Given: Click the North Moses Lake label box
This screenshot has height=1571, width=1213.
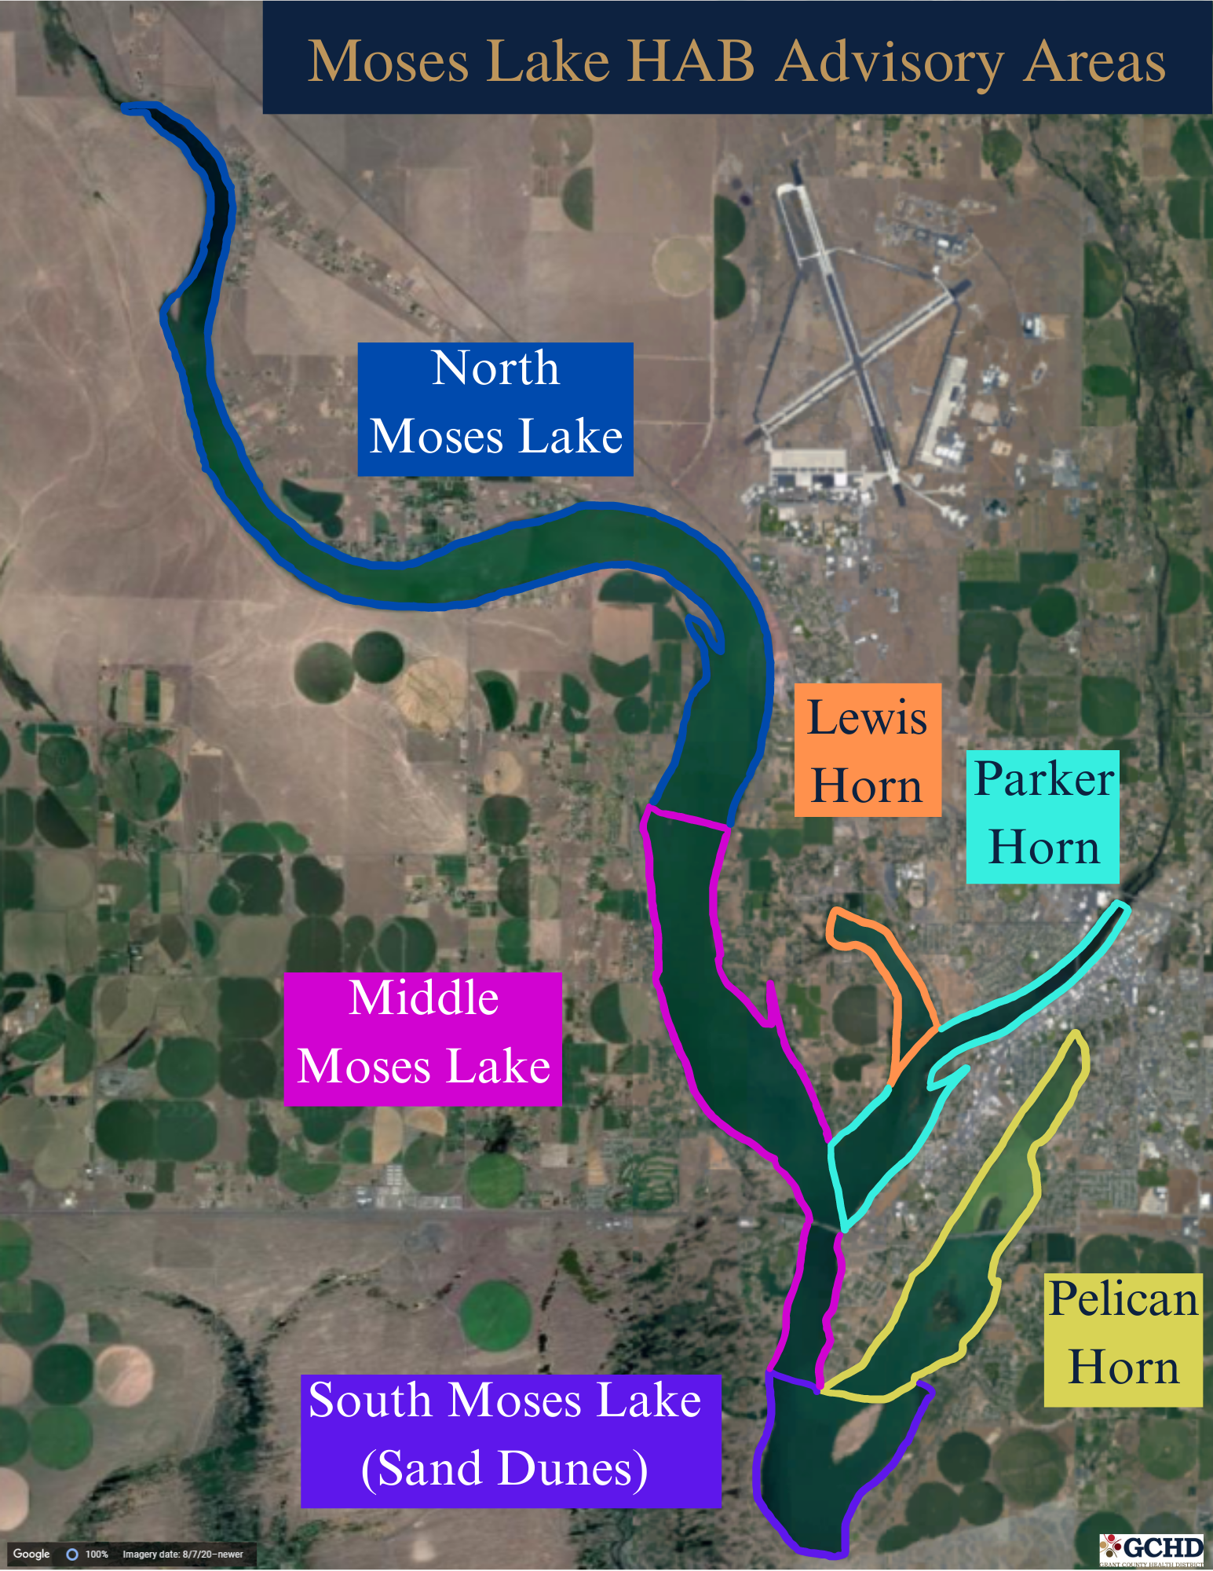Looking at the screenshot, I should click(495, 408).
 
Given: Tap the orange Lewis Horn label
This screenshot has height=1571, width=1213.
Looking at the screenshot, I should click(867, 749).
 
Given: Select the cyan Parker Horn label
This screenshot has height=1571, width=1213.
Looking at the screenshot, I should click(1043, 816).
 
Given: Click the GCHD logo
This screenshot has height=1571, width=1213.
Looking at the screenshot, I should click(1153, 1548).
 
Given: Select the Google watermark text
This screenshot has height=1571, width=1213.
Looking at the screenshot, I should click(31, 1554).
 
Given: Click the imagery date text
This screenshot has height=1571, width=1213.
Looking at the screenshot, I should click(183, 1555).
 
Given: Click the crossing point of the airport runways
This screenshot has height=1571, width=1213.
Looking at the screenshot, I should click(860, 361).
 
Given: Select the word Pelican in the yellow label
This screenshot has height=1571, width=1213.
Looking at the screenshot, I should click(1123, 1299).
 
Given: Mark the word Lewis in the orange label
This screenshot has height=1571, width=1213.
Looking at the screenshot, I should click(867, 717).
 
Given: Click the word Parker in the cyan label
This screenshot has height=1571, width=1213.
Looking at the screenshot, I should click(1043, 779).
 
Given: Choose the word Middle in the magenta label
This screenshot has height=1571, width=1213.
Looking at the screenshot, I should click(424, 998).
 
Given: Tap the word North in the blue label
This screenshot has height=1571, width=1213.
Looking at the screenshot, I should click(495, 368).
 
